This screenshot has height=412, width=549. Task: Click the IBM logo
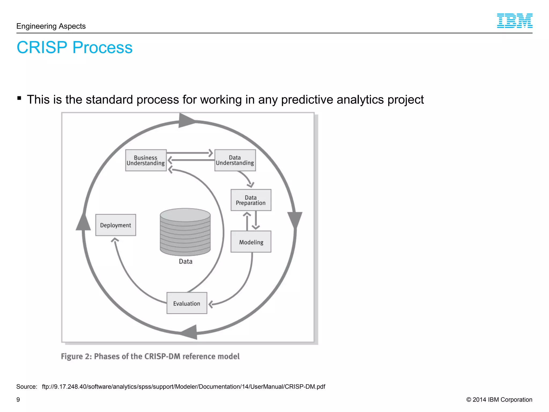tap(514, 21)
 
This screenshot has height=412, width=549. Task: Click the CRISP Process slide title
tap(75, 47)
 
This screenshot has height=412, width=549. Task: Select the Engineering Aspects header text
tap(51, 26)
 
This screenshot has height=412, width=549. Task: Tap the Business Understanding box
tap(146, 160)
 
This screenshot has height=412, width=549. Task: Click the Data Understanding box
tap(235, 160)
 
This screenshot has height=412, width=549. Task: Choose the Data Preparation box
tap(251, 200)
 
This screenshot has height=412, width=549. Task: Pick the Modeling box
tap(251, 242)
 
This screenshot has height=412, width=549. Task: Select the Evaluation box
tap(187, 303)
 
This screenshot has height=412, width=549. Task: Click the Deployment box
tap(116, 225)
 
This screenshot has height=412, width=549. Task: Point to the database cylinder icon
tap(185, 232)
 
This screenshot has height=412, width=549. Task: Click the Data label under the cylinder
tap(186, 262)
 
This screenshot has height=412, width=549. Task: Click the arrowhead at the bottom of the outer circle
tap(190, 332)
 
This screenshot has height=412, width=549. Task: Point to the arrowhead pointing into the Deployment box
tap(115, 240)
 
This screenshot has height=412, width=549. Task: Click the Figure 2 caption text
tap(150, 356)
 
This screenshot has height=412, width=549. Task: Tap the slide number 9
tap(18, 400)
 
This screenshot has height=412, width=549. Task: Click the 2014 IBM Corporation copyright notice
tap(499, 400)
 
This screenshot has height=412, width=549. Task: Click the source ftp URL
tap(183, 387)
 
